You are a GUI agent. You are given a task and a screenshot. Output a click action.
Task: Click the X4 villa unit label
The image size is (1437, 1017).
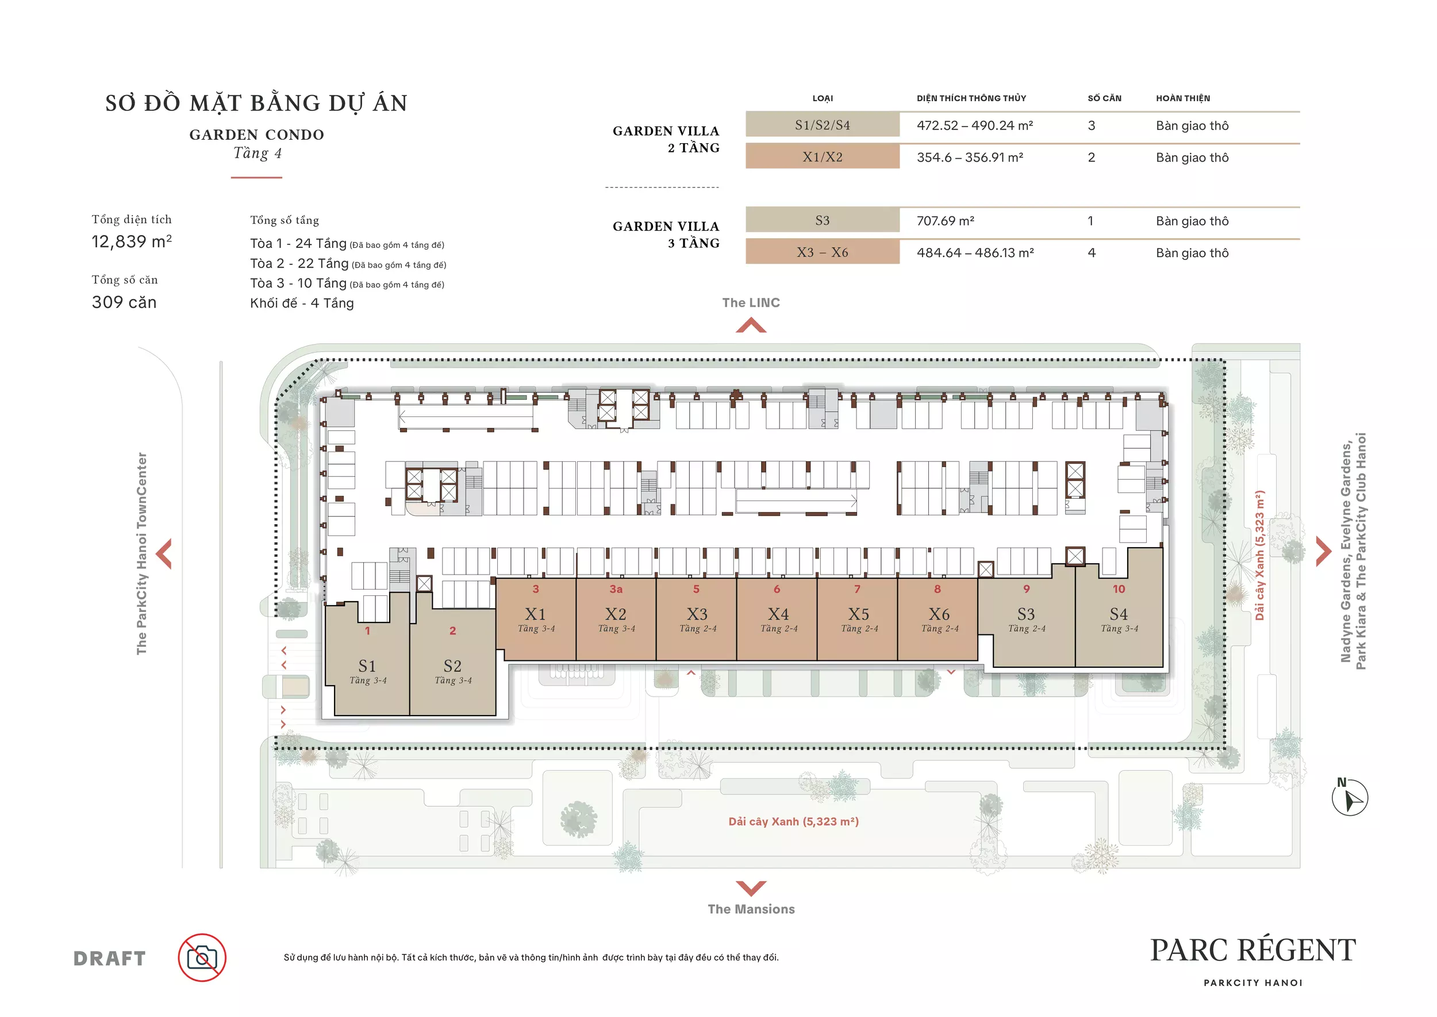pos(778,614)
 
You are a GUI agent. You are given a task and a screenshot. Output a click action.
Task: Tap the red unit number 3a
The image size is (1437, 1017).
pos(616,588)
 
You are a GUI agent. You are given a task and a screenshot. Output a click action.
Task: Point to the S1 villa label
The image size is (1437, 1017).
pos(367,666)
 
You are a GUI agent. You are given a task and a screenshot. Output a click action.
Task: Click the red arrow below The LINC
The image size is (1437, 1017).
pos(751,325)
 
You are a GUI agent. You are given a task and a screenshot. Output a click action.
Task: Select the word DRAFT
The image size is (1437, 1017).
pos(110,958)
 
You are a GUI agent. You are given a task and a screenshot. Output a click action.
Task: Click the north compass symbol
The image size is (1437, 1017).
pos(1350,797)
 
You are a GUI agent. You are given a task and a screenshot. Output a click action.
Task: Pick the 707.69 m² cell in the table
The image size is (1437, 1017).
pos(945,220)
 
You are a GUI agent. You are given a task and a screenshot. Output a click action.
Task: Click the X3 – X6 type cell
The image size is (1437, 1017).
pos(823,252)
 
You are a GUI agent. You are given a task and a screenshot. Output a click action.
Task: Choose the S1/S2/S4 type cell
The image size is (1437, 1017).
pos(823,125)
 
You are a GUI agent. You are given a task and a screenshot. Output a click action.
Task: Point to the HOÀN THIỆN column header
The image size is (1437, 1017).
pos(1183,98)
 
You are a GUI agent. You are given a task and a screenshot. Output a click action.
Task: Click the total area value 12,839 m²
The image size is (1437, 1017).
pos(132,241)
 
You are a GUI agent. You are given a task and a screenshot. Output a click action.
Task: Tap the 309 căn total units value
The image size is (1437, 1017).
pos(124,302)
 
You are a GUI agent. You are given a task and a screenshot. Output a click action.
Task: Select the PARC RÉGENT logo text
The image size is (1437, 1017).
pos(1253,950)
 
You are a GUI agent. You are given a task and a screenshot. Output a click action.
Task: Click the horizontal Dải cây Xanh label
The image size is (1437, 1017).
pos(794,821)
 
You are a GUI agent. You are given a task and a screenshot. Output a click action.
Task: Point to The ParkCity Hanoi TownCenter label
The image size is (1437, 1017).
pos(142,553)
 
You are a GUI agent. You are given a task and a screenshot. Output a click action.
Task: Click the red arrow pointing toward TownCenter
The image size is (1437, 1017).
pos(164,553)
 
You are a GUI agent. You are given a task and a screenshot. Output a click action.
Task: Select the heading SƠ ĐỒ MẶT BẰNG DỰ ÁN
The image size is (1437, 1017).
pos(256,103)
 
